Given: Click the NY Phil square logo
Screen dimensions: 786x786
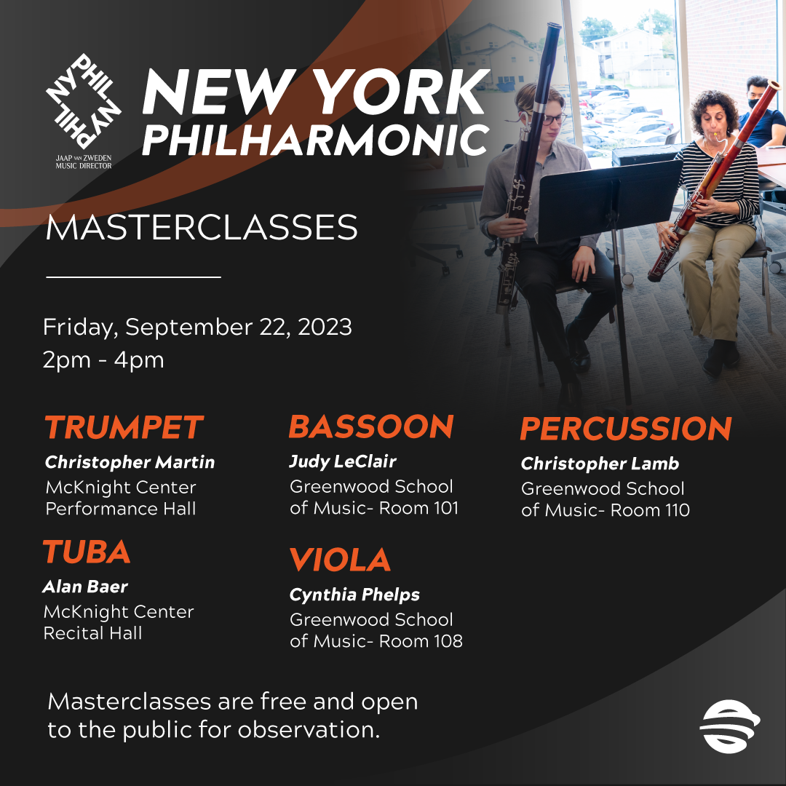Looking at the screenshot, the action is (x=83, y=103).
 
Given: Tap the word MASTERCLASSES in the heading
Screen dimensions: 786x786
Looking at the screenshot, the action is (x=202, y=228).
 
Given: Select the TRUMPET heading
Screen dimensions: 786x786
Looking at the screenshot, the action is (x=124, y=427).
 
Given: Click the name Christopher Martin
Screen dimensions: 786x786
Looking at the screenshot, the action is (x=130, y=461).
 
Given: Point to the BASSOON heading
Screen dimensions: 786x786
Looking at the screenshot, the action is (x=371, y=426).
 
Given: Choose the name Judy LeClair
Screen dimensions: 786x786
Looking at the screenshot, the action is (x=343, y=461).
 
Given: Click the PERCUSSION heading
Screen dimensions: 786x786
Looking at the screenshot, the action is (x=626, y=429).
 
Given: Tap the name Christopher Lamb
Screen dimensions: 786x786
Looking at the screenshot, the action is (x=600, y=464).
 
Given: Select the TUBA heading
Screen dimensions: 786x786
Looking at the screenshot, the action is (x=87, y=552).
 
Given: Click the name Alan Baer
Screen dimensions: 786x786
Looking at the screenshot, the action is (x=85, y=587).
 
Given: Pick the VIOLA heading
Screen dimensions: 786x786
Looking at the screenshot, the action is (x=340, y=560).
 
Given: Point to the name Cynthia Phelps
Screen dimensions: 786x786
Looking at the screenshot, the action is (x=354, y=595).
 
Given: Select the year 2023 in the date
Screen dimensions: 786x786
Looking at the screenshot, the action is (x=325, y=327).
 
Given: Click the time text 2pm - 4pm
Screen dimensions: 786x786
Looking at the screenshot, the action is (x=103, y=360).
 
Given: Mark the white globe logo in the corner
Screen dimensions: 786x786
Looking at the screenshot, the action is (x=729, y=726).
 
